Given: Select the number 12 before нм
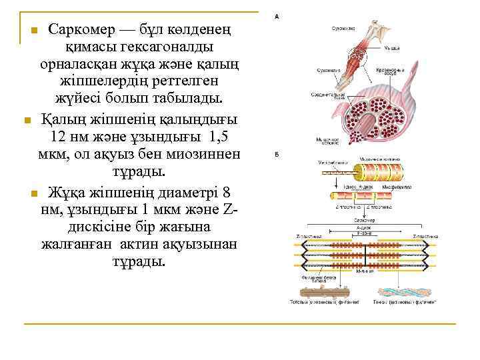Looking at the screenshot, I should [59, 137].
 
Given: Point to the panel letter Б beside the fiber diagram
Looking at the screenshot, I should [276, 155].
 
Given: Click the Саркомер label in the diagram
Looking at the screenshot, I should [364, 220].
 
